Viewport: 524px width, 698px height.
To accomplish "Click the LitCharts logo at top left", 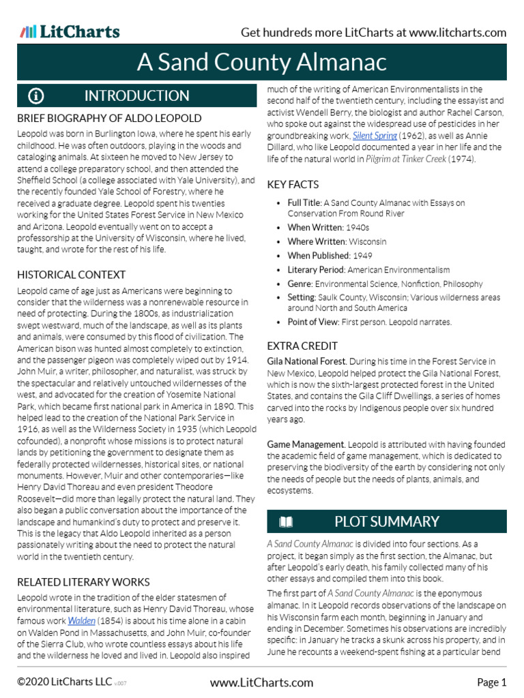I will click(70, 31).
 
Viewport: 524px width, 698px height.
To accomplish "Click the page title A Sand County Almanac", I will click(262, 63).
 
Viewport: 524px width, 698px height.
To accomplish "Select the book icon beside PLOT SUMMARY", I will click(287, 522).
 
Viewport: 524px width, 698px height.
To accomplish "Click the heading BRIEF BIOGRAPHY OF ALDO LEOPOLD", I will click(108, 119).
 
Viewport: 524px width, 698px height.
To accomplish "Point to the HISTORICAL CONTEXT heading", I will click(71, 275).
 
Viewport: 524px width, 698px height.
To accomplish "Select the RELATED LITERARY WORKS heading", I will click(83, 582).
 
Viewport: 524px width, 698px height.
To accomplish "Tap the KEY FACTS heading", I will click(293, 185).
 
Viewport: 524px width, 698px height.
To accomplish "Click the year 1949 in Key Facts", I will click(362, 256).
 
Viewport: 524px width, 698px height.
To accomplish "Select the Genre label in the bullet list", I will click(300, 284).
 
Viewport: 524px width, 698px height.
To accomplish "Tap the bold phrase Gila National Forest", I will click(307, 361).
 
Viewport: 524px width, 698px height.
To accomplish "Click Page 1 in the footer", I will click(491, 682).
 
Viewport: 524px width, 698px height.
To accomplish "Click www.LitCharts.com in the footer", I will click(261, 682).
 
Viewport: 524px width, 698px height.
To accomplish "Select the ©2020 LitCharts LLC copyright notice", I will click(65, 682).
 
